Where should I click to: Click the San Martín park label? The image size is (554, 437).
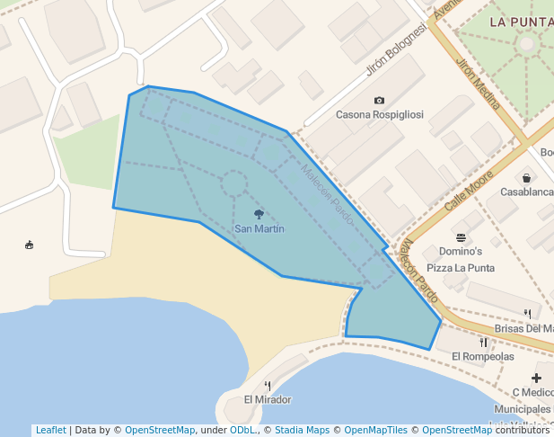click(259, 228)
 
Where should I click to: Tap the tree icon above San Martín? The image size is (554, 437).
click(259, 214)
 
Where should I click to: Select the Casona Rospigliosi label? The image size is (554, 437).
click(378, 115)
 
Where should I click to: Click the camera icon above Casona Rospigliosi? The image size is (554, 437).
click(379, 101)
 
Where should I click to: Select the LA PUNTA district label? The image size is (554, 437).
click(521, 21)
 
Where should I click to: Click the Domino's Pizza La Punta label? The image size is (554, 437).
click(461, 259)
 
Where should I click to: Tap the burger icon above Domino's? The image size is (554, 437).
click(461, 237)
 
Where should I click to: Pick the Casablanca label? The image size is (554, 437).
click(527, 192)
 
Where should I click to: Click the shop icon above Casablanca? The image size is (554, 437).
click(525, 178)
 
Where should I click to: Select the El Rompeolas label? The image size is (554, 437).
click(482, 357)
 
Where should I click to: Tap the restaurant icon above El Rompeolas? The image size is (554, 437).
click(483, 342)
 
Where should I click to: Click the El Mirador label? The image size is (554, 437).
click(268, 399)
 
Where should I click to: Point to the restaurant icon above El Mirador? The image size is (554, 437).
click(267, 385)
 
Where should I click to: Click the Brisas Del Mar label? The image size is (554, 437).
click(526, 328)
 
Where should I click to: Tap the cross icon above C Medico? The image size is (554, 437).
click(536, 378)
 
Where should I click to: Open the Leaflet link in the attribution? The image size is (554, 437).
click(50, 430)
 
